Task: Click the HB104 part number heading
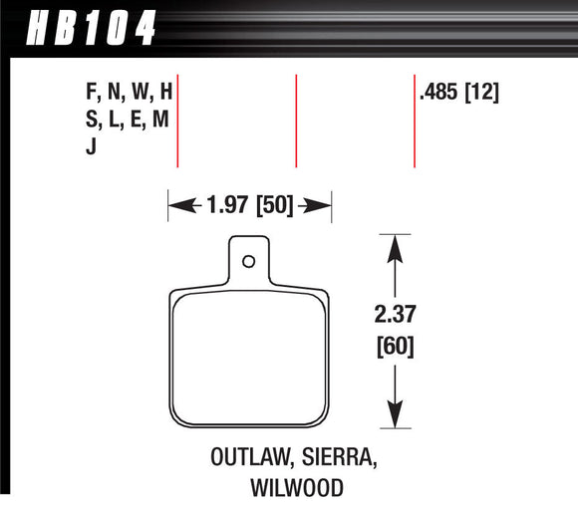pyautogui.click(x=83, y=26)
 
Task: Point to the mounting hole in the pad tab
pyautogui.click(x=249, y=262)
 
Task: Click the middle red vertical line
pyautogui.click(x=296, y=120)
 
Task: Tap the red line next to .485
pyautogui.click(x=414, y=120)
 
